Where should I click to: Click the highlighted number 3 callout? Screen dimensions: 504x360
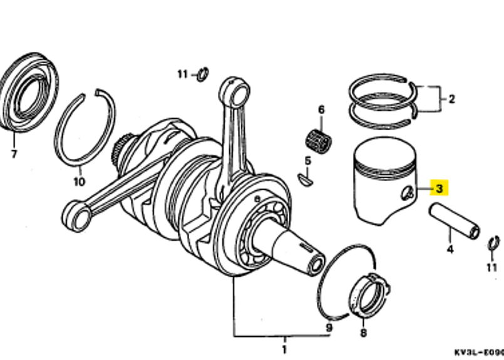coord(439,188)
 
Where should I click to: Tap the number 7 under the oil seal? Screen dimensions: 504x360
coord(14,154)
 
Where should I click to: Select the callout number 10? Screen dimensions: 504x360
coord(79,182)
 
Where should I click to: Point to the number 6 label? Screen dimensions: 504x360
coord(321,110)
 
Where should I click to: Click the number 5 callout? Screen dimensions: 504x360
coord(308,161)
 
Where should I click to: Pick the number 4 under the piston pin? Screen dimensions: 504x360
coord(450,249)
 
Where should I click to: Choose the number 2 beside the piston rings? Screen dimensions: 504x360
coord(451,99)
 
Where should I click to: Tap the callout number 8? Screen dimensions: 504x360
coord(363,332)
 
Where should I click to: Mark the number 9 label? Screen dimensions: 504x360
coord(329,327)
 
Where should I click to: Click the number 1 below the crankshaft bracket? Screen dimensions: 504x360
coord(284,349)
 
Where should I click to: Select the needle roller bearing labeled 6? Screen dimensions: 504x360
coord(319,140)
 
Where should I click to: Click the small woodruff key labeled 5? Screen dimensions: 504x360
coord(306,179)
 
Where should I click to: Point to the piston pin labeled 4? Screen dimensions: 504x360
coord(455,221)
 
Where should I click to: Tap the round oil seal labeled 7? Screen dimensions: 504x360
coord(29,91)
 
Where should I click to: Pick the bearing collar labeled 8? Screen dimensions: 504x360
coord(369,296)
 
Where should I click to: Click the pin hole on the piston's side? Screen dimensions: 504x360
coord(407,193)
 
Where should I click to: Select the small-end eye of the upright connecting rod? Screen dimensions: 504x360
coord(235,91)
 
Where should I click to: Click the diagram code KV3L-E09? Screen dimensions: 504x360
coord(479,352)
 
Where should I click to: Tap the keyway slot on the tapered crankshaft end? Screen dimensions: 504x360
coord(306,247)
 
